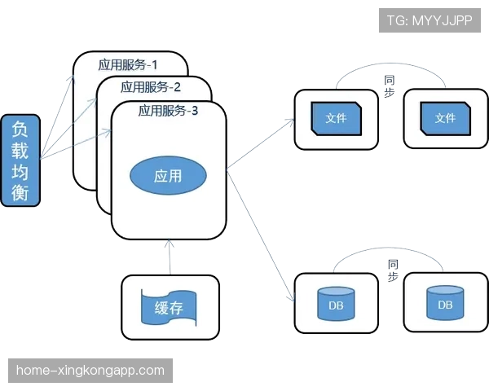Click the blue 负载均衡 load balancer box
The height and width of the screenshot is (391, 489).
[x=20, y=161]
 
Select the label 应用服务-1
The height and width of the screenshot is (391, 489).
[x=132, y=64]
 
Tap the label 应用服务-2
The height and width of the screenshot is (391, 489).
[x=150, y=87]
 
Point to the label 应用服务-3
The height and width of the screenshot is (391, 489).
[x=168, y=110]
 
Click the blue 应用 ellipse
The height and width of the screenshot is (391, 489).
[x=168, y=175]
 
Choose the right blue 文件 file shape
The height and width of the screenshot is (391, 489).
[x=445, y=119]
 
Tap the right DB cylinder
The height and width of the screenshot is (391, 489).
[x=445, y=303]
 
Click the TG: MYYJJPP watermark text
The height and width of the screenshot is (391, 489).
[x=430, y=20]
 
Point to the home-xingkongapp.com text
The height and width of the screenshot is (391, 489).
[x=90, y=370]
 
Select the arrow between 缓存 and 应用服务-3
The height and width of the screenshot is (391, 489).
[x=170, y=257]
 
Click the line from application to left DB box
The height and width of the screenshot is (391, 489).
[x=261, y=236]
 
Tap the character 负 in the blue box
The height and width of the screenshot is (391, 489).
[x=20, y=129]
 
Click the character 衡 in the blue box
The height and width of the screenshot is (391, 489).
[x=20, y=192]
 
